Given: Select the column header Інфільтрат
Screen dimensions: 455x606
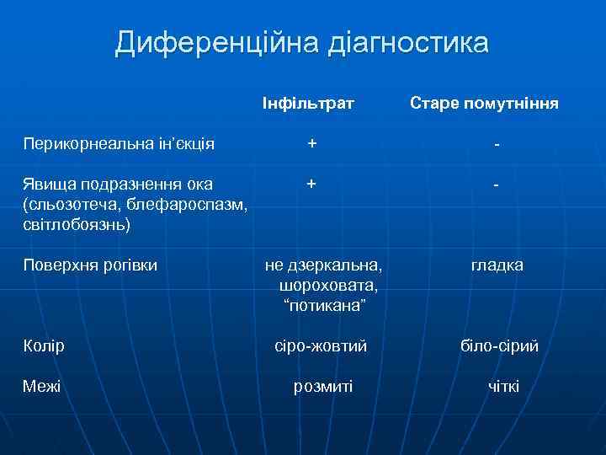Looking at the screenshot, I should point(307,104).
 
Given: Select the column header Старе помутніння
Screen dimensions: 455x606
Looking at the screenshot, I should point(484,104).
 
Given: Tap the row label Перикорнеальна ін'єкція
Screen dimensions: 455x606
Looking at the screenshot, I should point(119,144).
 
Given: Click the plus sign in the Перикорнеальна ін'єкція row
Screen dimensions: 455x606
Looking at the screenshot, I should point(312,144).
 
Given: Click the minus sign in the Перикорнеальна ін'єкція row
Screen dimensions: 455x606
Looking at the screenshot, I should point(498,146).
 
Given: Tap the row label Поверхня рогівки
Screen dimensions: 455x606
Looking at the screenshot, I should point(90,265).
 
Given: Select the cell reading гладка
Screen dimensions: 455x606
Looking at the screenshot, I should point(497,265).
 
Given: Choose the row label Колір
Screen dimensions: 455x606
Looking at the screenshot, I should point(45,346).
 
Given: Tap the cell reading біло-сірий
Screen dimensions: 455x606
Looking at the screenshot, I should point(500,346).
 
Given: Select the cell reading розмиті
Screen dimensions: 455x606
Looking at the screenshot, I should point(322,386).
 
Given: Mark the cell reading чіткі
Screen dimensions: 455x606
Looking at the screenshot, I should point(503,386).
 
